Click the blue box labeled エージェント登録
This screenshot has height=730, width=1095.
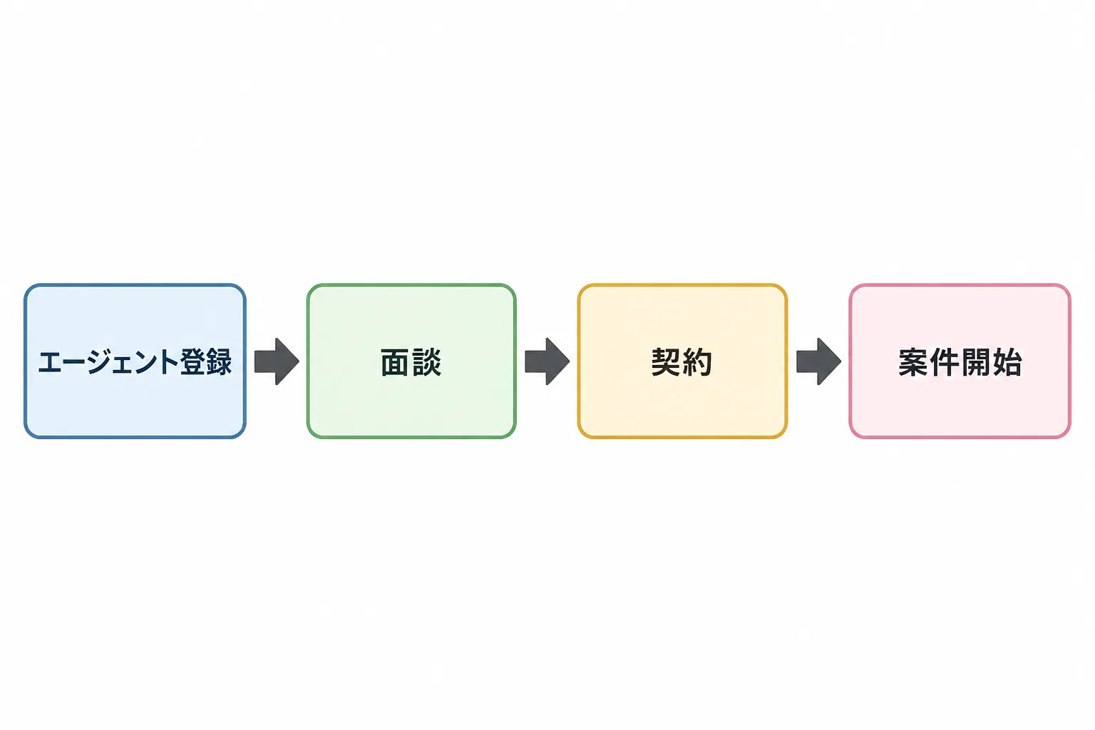[135, 361]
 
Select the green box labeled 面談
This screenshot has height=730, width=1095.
[411, 361]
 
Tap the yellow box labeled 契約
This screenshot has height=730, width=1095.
[682, 361]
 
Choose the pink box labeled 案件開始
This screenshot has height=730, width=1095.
[960, 361]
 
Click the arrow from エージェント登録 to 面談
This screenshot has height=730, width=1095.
[277, 361]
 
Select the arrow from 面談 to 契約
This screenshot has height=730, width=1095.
[547, 361]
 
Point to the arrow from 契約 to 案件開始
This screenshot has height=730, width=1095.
[819, 361]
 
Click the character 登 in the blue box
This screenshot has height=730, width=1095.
[192, 362]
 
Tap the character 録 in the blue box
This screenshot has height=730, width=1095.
[219, 362]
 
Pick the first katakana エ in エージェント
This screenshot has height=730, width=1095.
[51, 363]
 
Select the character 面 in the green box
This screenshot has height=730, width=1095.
[396, 362]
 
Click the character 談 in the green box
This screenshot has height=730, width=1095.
[427, 362]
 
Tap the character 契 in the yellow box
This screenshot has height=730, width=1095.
[667, 362]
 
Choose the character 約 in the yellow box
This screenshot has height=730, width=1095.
[698, 362]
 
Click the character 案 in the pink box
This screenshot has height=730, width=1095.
[914, 362]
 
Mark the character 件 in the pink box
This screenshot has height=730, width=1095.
[945, 362]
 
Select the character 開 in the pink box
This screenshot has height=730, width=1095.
[976, 362]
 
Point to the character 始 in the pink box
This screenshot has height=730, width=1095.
[1007, 362]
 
